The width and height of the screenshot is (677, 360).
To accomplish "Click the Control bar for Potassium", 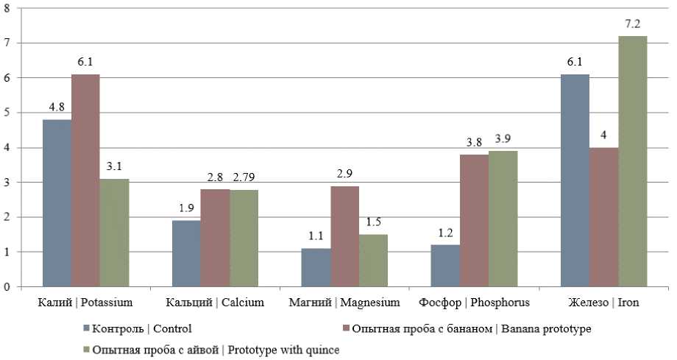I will [x=57, y=203].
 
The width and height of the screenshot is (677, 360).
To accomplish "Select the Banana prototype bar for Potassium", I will [x=85, y=180].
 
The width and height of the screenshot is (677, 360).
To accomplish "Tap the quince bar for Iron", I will [x=632, y=161].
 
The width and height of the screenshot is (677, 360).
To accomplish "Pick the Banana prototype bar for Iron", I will [x=603, y=217].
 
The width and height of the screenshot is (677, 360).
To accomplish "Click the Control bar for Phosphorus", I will [x=444, y=266].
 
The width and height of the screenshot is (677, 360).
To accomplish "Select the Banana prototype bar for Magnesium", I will [x=344, y=236].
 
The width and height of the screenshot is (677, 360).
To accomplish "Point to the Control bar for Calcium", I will [x=186, y=254].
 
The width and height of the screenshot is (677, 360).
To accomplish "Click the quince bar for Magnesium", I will [x=373, y=261].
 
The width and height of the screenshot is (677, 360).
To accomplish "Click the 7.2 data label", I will [x=632, y=24].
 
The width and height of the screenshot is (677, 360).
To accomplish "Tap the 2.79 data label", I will [x=244, y=177].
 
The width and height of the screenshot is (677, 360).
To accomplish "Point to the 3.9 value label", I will [x=503, y=139].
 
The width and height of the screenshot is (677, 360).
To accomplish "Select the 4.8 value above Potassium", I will [x=57, y=107].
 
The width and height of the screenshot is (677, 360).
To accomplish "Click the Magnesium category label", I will [x=344, y=302].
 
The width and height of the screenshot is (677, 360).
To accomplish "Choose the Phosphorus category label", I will [x=473, y=302].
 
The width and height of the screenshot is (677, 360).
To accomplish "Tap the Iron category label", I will [x=603, y=302].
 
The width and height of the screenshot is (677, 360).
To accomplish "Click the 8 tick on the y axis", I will [x=7, y=8].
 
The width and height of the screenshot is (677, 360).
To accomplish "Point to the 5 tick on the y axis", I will [x=7, y=113].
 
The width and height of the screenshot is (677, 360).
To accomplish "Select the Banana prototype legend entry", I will [x=472, y=328].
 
